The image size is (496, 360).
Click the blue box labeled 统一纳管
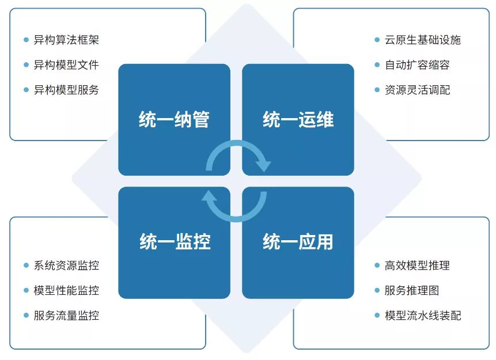174,119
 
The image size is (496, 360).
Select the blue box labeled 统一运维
298,119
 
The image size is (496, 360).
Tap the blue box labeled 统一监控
174,242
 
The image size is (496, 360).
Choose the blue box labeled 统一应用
298,242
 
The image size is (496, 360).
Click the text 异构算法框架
66,40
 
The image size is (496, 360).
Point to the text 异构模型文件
66,65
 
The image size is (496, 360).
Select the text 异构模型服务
66,90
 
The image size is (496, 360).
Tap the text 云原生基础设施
423,40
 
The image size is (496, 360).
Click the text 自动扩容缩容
417,65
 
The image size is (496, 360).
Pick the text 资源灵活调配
417,90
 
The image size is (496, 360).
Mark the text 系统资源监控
66,266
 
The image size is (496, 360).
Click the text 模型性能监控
66,290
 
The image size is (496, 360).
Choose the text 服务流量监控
66,316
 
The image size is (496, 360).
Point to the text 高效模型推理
417,266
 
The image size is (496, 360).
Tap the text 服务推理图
412,290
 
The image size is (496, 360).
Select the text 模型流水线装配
423,316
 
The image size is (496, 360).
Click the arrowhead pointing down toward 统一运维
263,165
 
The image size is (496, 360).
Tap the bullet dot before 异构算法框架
26,40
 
